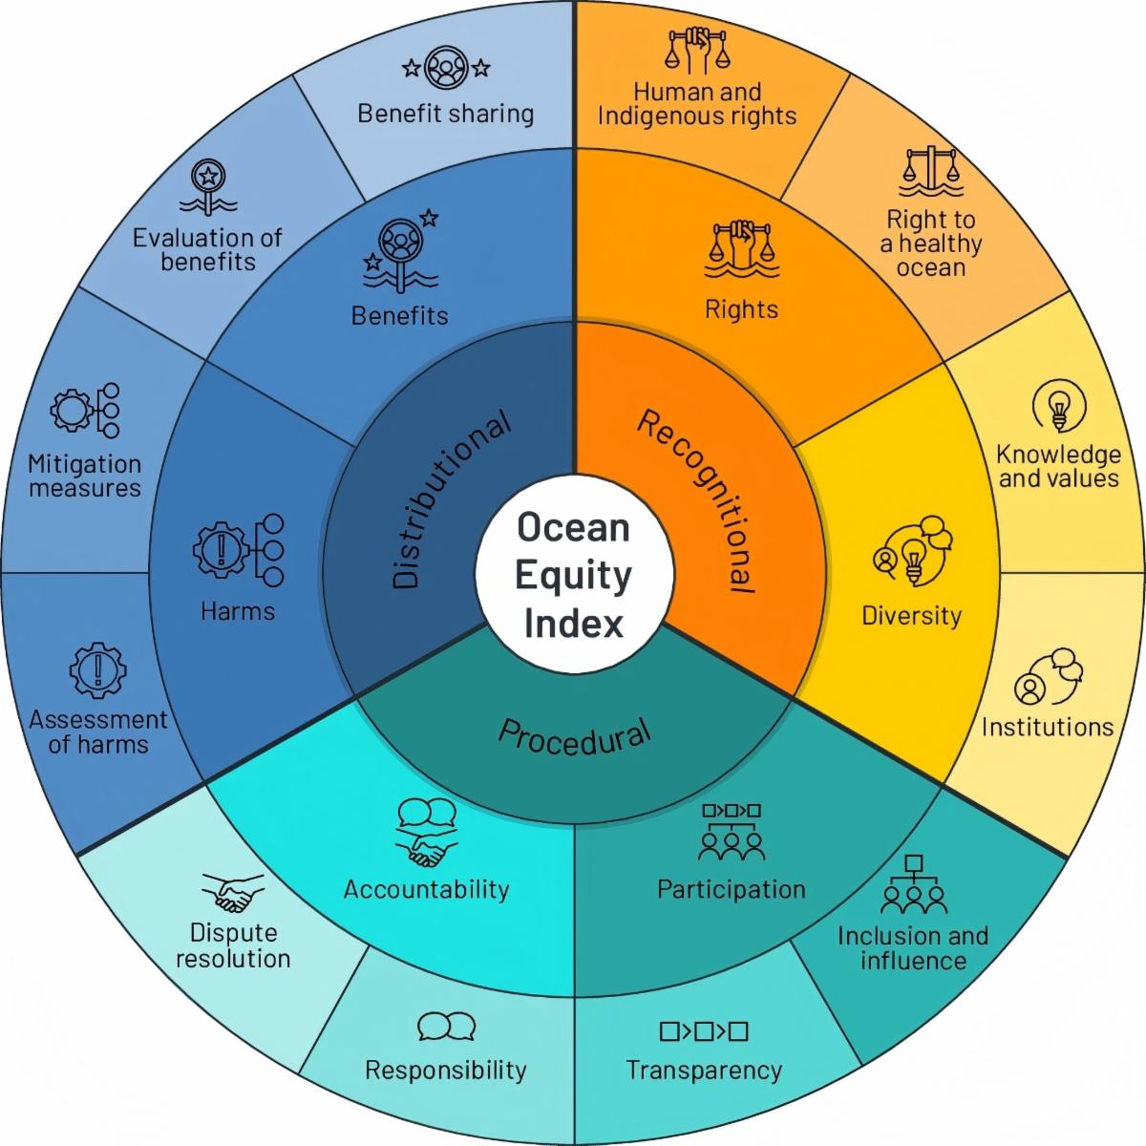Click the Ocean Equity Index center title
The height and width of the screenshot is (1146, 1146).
click(573, 575)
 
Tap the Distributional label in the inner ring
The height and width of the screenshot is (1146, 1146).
click(450, 499)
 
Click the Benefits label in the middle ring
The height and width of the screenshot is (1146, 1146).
click(399, 316)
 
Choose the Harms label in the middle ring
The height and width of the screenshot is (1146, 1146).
click(238, 611)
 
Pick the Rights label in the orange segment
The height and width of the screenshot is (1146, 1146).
click(741, 309)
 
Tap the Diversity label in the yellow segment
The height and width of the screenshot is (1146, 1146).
click(912, 616)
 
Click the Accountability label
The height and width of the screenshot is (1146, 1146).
click(426, 890)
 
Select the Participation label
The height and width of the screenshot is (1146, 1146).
click(731, 890)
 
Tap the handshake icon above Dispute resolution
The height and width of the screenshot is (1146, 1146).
click(233, 892)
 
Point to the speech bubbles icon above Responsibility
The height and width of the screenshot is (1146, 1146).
click(447, 1026)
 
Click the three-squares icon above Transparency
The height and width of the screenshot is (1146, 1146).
click(704, 1030)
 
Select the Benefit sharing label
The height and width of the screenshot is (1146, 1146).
click(445, 114)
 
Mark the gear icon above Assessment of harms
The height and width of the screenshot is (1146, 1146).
click(98, 670)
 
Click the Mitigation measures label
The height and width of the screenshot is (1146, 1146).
click(85, 477)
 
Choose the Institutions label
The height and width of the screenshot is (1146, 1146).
click(1048, 727)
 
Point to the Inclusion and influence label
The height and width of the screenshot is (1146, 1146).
click(913, 948)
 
